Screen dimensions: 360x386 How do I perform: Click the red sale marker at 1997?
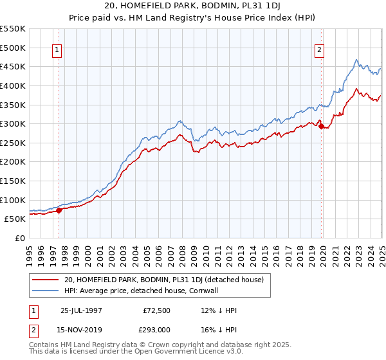coord(59,210)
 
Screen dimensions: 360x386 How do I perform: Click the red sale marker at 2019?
coord(321,126)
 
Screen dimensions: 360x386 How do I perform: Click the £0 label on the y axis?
coord(21,238)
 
